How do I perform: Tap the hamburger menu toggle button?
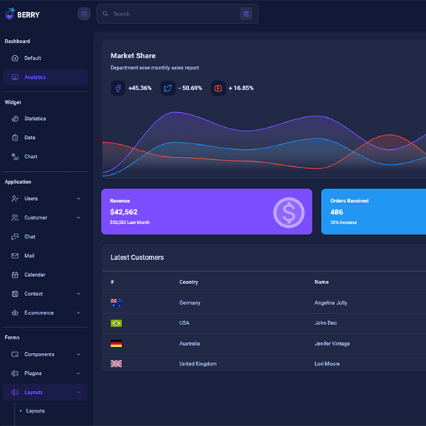point(84,13)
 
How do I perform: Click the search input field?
point(170,13)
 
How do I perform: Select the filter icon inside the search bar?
point(246,13)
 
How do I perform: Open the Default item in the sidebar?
point(33,58)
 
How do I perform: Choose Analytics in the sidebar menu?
point(35,77)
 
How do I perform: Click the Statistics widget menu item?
point(35,119)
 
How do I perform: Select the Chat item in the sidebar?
point(30,236)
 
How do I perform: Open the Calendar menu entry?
point(34,275)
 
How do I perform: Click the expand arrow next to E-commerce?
point(78,313)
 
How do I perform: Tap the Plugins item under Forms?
point(33,373)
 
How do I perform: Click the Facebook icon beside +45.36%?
point(118,88)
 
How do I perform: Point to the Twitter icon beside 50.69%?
point(168,88)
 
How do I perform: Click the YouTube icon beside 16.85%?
point(218,88)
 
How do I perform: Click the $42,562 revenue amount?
point(124,212)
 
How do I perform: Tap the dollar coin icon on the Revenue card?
point(289,212)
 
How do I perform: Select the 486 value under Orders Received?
point(337,212)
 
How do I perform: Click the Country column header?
point(189,282)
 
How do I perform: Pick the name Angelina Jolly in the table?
point(331,302)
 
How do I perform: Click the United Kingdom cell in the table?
point(198,364)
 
